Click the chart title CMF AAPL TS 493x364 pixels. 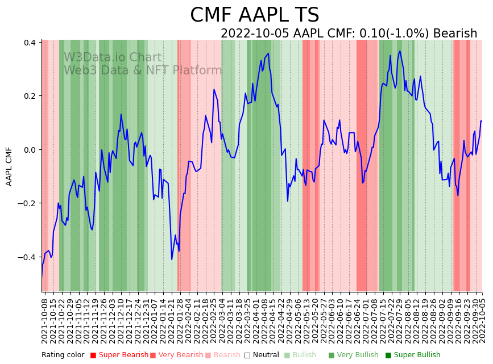(254, 15)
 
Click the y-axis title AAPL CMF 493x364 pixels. (9, 166)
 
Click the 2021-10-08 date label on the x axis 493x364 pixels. (45, 319)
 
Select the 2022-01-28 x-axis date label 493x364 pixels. (179, 319)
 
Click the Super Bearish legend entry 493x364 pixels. (119, 355)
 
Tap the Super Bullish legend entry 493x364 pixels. (413, 355)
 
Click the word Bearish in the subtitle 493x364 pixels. (455, 34)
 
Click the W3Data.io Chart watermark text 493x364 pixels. (113, 57)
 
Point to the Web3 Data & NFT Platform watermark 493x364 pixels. (143, 70)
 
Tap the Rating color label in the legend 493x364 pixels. (63, 355)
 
